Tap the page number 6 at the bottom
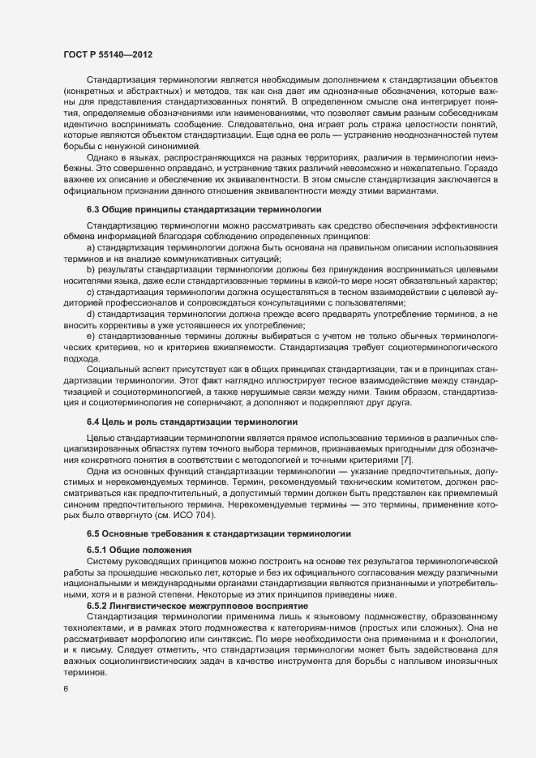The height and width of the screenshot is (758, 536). [65, 690]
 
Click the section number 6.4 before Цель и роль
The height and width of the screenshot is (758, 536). [95, 422]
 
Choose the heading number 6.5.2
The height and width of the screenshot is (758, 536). [99, 607]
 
